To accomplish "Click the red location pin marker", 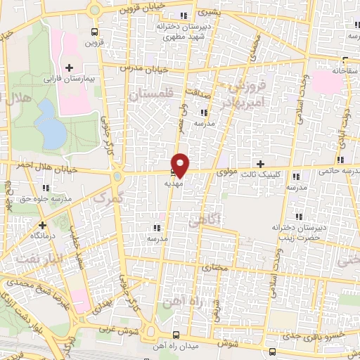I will pyautogui.click(x=181, y=165).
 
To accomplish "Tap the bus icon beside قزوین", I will pyautogui.click(x=95, y=31).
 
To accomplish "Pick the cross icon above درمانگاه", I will pyautogui.click(x=43, y=225).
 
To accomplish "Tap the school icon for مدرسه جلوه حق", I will pyautogui.click(x=46, y=188).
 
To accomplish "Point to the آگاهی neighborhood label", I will pyautogui.click(x=204, y=222).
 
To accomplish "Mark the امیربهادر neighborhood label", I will pyautogui.click(x=237, y=103).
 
